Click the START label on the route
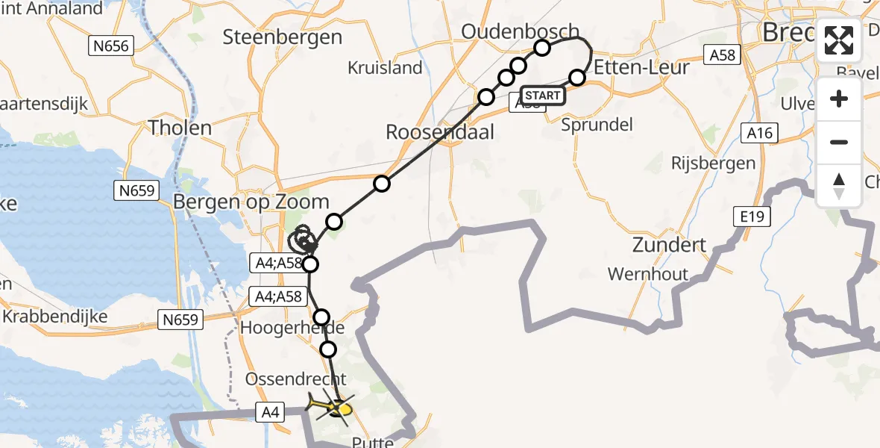[x=542, y=96]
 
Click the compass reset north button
[x=839, y=186]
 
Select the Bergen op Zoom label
[x=251, y=202]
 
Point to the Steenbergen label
[x=283, y=37]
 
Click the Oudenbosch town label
[x=520, y=31]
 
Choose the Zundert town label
[x=669, y=244]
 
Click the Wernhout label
[x=648, y=274]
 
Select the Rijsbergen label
[x=713, y=163]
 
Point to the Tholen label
[x=180, y=128]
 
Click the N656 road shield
[x=111, y=46]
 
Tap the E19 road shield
[x=752, y=217]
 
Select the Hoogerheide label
[x=292, y=328]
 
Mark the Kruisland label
[x=385, y=68]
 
